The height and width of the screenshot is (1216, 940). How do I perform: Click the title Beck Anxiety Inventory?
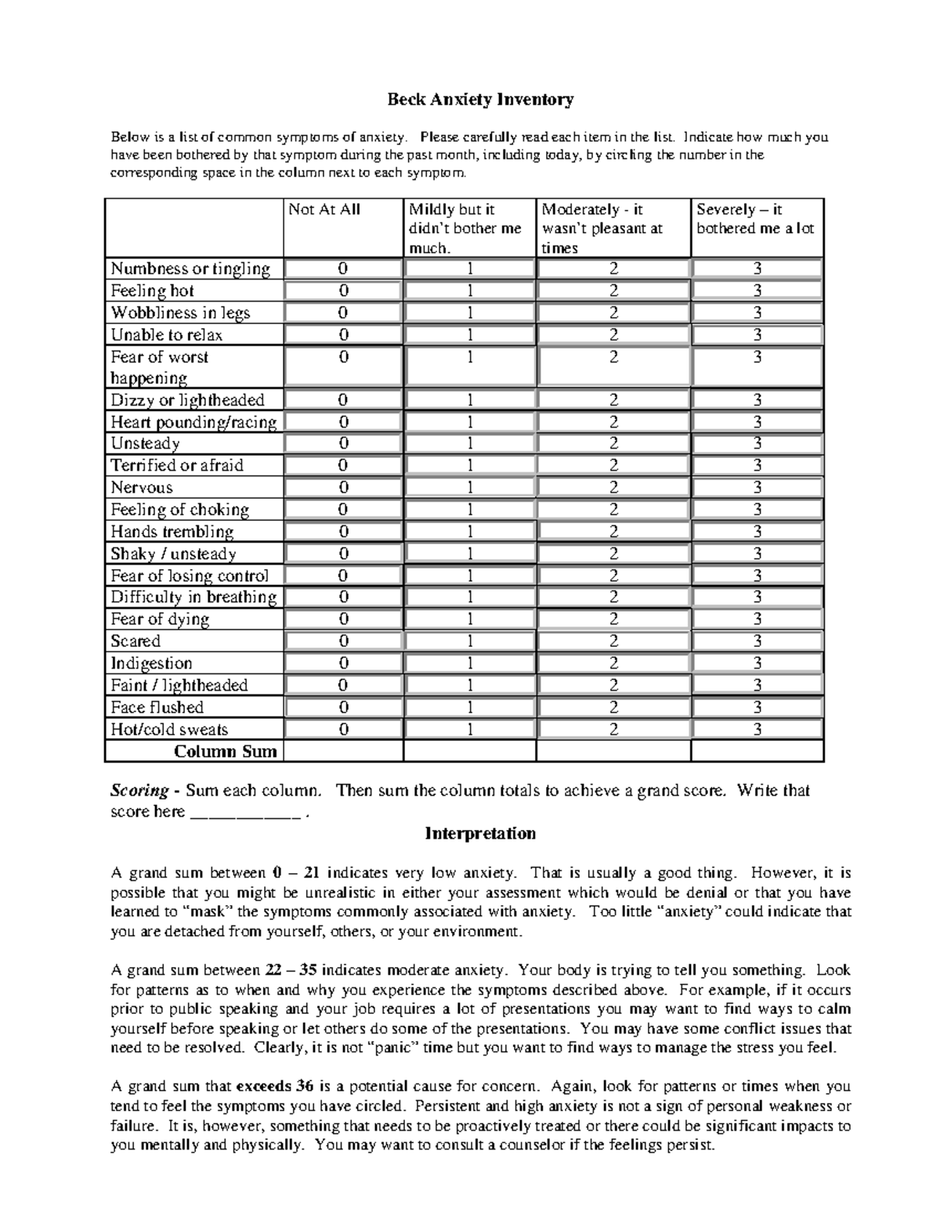480,99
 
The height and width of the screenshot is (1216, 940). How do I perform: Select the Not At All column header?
324,210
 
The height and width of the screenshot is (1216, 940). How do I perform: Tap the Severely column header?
755,219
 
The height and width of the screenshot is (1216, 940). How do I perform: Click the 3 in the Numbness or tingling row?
757,269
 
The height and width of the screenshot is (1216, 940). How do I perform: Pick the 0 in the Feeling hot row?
343,290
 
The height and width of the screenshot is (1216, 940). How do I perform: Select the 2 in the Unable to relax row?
613,335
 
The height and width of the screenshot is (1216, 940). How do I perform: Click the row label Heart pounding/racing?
193,422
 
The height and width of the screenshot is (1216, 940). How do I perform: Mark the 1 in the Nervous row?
470,487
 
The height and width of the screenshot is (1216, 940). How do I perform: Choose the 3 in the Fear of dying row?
757,619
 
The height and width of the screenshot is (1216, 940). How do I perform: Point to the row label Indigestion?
151,663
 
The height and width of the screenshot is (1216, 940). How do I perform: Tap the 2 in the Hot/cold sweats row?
613,730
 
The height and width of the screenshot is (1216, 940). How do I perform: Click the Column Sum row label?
225,752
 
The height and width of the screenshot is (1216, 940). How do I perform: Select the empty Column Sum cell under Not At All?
343,752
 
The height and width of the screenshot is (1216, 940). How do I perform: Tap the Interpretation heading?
480,833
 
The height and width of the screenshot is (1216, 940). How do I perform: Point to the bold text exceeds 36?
275,1087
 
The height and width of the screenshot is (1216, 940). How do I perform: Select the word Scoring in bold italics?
139,791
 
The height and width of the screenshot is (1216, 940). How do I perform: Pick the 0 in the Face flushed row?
343,708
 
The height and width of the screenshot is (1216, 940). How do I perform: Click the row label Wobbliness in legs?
180,313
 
